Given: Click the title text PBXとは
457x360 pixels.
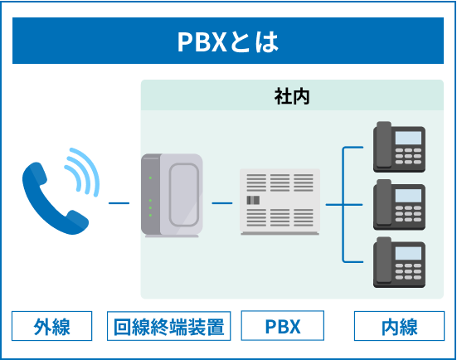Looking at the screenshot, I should [228, 41].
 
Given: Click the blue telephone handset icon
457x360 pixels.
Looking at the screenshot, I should [51, 197].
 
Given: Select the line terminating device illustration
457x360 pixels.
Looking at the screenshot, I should [171, 197].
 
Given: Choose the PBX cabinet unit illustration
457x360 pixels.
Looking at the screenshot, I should [280, 202].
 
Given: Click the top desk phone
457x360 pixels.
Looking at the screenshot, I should [399, 145].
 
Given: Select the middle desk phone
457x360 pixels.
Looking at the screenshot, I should [399, 202].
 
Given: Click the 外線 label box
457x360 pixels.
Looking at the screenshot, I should [51, 326].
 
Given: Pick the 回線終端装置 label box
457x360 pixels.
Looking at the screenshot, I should [168, 326].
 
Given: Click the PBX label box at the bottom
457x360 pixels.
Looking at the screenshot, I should [282, 326].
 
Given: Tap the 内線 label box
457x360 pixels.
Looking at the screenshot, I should [399, 326].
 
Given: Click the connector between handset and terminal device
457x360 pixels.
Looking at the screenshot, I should [119, 202].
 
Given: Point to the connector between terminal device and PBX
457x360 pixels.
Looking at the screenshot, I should [221, 202].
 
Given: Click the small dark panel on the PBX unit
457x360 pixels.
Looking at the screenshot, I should [253, 200].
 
